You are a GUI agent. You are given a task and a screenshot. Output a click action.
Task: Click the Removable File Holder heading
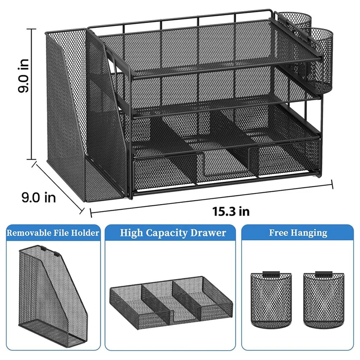pyautogui.click(x=53, y=233)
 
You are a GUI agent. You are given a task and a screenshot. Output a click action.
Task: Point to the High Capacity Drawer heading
pyautogui.click(x=173, y=233)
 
